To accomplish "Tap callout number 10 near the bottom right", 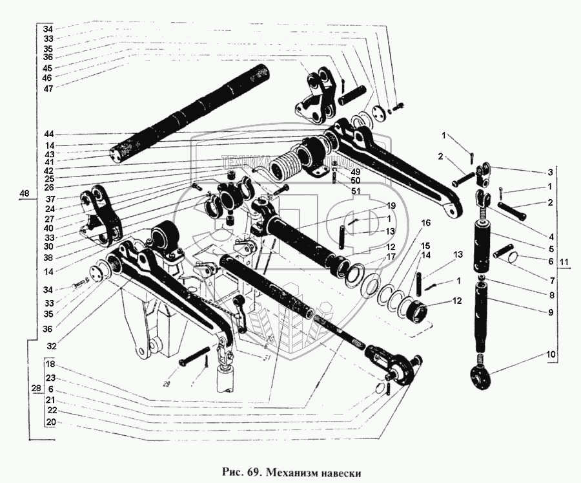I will point(550,354).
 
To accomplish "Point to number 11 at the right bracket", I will point(564,263).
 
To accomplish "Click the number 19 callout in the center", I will point(391,205).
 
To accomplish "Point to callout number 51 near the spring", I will point(354,191).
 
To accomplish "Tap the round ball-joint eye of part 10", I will point(480,376).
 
